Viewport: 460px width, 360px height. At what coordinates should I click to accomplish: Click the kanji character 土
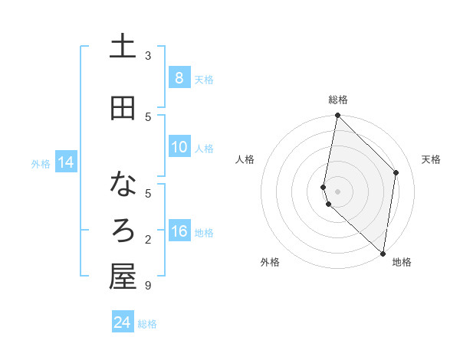123,47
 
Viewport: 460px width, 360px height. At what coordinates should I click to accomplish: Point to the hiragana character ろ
123,231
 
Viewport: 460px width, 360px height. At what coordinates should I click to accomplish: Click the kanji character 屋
123,277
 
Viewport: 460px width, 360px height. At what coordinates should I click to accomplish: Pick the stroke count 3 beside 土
148,55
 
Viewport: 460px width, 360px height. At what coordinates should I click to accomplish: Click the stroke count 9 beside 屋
148,286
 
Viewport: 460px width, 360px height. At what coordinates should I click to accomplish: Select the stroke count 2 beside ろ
148,240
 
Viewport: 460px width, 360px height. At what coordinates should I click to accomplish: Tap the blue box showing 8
179,77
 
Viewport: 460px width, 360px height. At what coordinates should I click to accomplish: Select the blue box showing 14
65,162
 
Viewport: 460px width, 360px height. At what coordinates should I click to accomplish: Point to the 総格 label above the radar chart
338,100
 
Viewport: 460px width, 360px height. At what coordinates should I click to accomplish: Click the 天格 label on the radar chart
431,159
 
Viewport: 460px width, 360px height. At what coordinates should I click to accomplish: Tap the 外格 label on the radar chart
270,262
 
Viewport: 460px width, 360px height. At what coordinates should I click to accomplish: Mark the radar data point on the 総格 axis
337,116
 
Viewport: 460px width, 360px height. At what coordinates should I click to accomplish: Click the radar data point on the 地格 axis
383,253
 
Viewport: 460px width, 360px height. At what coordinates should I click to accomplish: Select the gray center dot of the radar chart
337,191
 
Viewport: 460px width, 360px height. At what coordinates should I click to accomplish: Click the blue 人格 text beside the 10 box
204,148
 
